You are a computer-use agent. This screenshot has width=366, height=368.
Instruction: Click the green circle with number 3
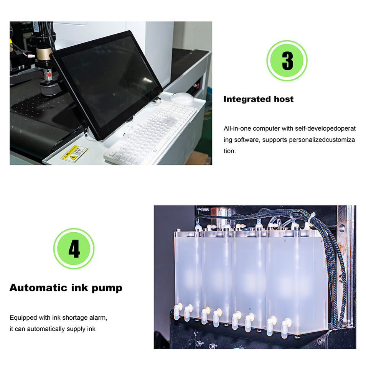(x=287, y=61)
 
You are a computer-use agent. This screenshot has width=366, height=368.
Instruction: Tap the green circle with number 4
(x=74, y=248)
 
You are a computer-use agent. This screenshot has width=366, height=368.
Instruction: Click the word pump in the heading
(x=107, y=288)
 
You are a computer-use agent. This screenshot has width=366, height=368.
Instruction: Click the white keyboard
(x=150, y=134)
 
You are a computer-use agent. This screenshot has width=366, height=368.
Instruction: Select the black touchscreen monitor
(x=107, y=85)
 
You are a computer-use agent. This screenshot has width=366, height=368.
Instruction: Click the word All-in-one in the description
(x=237, y=129)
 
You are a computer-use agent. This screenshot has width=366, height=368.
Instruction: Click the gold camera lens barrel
(x=43, y=53)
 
